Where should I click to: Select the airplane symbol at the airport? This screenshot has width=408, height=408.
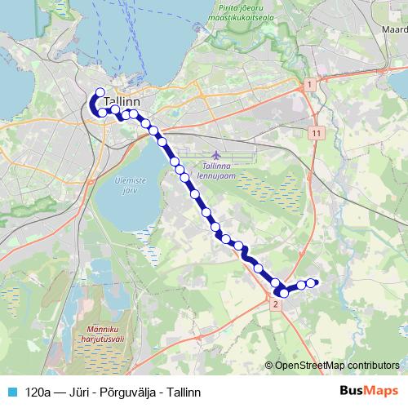click(215, 154)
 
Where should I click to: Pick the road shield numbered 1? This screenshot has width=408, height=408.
click(309, 85)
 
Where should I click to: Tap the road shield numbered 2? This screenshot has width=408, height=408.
click(275, 304)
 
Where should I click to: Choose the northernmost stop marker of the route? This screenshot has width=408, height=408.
click(100, 92)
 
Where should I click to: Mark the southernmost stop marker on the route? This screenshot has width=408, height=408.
click(284, 293)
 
